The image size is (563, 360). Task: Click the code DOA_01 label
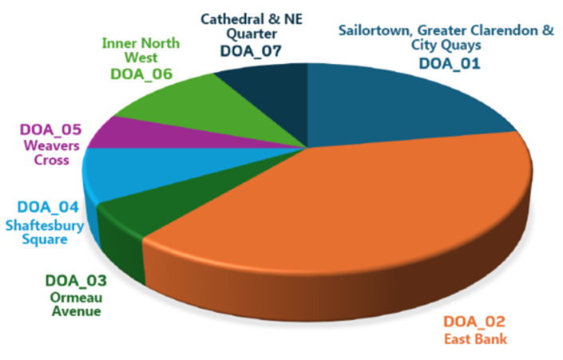click(450, 62)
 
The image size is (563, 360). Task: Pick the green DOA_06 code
click(142, 73)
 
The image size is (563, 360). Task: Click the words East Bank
click(472, 341)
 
